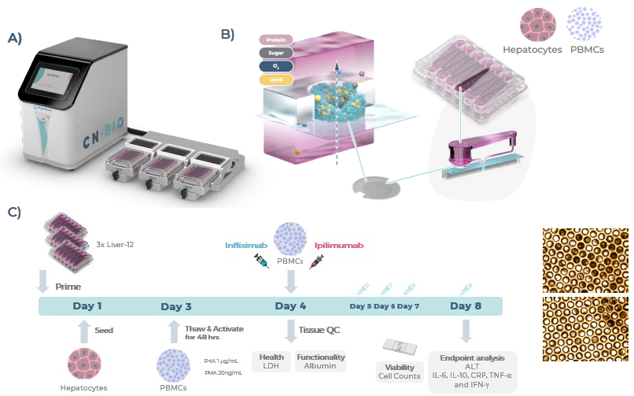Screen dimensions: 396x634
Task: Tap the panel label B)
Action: [x=227, y=34]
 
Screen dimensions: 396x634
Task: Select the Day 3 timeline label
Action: [x=176, y=306]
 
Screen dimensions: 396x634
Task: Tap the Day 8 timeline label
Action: [x=466, y=306]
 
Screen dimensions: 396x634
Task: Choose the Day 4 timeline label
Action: [x=291, y=306]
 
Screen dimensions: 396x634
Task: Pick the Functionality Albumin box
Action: [x=319, y=361]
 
